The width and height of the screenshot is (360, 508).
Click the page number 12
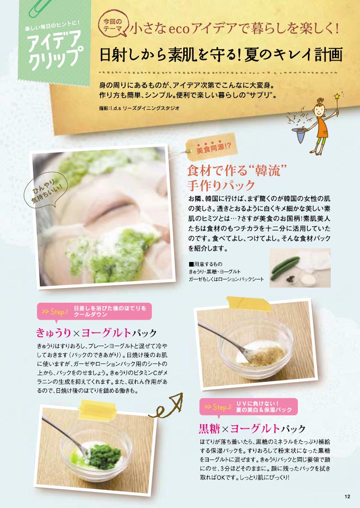347,496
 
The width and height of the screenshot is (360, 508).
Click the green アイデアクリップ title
54,49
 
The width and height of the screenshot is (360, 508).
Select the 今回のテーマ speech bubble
114,25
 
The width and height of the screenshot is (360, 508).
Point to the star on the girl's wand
337,96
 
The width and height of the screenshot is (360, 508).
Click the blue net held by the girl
299,134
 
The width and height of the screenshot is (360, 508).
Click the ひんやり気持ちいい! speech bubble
45,192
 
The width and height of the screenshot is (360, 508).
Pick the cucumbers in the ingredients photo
285,267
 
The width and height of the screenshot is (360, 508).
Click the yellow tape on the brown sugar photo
249,303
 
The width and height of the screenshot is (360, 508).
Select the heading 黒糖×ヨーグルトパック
252,429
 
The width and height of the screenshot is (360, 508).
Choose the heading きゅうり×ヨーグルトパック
96,333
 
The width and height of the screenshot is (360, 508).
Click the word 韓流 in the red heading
267,171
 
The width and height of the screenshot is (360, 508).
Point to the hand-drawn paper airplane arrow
167,406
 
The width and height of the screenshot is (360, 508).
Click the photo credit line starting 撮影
139,108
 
